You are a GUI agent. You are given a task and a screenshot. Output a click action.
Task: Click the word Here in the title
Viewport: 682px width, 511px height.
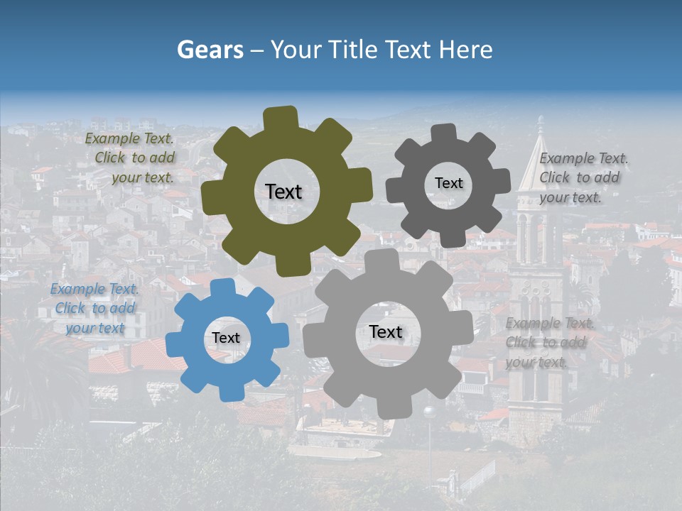click(x=465, y=50)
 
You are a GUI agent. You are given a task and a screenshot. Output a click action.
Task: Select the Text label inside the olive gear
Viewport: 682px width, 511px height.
click(x=283, y=192)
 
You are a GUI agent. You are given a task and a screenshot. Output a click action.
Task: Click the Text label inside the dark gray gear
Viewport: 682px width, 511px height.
click(x=448, y=183)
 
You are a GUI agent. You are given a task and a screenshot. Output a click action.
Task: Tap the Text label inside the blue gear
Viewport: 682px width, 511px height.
click(x=226, y=339)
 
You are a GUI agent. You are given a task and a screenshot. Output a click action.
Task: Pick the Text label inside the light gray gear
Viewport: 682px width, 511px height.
click(x=386, y=332)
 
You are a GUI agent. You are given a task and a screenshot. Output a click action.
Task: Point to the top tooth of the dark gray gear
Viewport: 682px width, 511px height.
click(x=444, y=133)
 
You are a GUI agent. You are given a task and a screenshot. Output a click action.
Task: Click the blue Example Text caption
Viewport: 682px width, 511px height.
click(x=94, y=309)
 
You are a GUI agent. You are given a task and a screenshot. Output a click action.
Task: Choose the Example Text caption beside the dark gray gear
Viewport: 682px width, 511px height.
click(x=583, y=177)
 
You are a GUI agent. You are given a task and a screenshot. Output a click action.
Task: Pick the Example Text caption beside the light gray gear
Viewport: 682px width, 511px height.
click(x=548, y=343)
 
